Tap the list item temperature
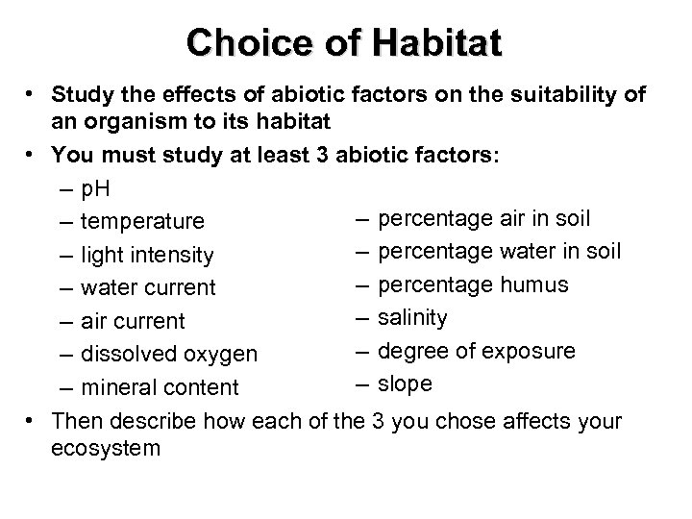[142, 222]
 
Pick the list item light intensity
[147, 255]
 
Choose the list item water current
[149, 287]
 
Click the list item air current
[133, 321]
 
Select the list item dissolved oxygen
[169, 354]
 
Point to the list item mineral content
[160, 387]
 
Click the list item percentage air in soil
[484, 219]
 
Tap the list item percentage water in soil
[499, 252]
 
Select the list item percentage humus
[473, 285]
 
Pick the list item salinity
[412, 318]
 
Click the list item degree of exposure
[477, 351]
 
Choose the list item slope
[405, 383]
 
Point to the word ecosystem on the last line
[107, 448]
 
